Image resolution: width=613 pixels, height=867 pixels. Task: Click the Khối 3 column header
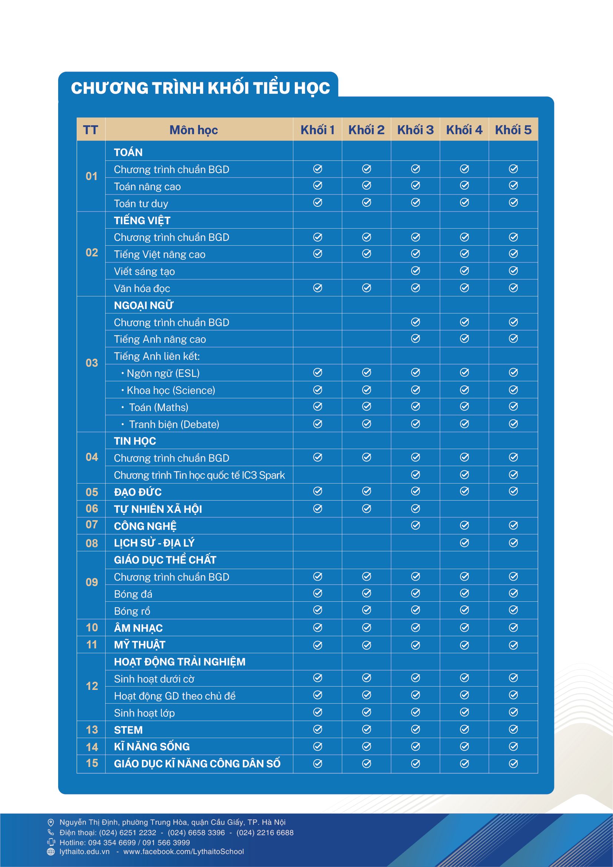coord(415,130)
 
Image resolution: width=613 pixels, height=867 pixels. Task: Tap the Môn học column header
coord(193,130)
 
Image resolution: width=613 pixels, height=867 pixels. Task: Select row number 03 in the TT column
coord(92,363)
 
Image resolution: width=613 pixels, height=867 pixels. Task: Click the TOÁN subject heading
coord(128,152)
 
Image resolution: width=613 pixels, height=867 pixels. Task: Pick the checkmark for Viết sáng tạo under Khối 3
coord(415,271)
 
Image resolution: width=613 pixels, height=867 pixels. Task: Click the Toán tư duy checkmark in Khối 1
coord(318,203)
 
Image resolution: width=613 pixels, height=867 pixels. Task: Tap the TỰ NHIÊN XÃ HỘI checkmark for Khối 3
coord(415,509)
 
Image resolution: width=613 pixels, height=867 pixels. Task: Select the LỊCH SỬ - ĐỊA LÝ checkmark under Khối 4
coord(464,543)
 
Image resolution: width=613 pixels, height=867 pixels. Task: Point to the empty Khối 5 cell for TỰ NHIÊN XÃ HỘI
coord(513,509)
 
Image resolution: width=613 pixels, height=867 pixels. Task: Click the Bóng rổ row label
coord(132,611)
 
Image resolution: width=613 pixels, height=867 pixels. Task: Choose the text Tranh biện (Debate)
coord(174,425)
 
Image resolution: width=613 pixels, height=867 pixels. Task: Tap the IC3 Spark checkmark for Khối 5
coord(513,475)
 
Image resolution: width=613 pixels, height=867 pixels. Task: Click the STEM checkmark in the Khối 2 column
coord(367,730)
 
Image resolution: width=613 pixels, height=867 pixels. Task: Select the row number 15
coord(92,763)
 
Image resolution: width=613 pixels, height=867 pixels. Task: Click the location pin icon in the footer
coord(51,823)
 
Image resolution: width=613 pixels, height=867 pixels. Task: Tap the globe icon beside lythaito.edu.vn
coord(51,851)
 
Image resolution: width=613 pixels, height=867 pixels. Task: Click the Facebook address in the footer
coord(183,851)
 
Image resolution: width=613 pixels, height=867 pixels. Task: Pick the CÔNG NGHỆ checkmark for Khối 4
coord(464,525)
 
